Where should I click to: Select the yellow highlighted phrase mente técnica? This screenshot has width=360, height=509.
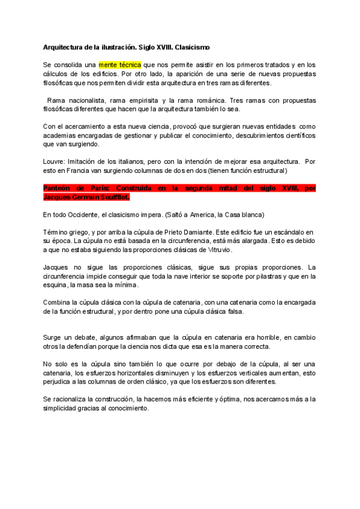point(120,64)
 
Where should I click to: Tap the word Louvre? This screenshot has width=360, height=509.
point(54,161)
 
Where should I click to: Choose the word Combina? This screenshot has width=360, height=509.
point(59,303)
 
